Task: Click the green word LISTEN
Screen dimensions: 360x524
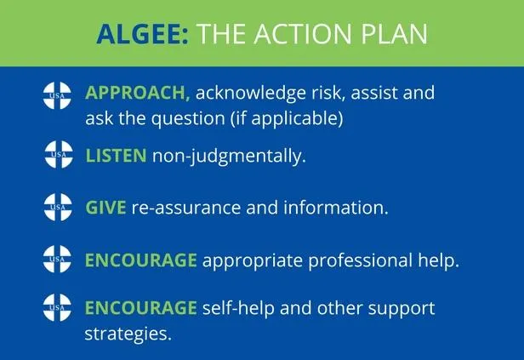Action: tap(117, 156)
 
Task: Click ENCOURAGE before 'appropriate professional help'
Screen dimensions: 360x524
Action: tap(140, 260)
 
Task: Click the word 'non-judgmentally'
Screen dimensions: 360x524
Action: tap(229, 157)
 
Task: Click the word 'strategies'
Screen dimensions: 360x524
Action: tap(128, 333)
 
